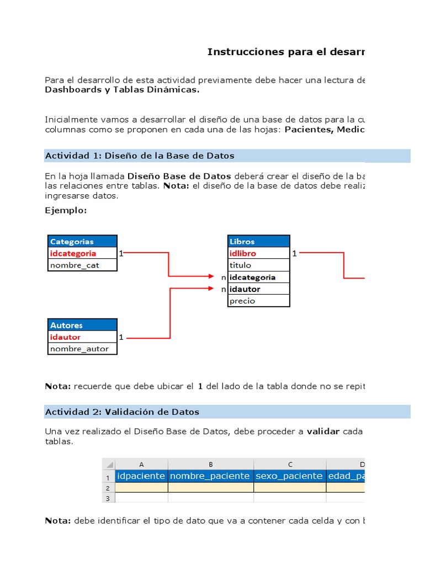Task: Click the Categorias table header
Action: click(82, 241)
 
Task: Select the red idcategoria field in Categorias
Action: click(82, 253)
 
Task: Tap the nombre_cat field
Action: click(82, 265)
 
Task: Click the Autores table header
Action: click(82, 325)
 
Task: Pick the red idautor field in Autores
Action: click(82, 337)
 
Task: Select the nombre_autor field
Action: click(82, 349)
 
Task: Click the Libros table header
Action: click(258, 241)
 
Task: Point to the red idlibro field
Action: click(258, 253)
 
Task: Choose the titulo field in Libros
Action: click(258, 265)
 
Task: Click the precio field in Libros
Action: click(258, 301)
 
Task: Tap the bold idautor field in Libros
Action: click(258, 289)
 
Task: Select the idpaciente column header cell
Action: click(141, 476)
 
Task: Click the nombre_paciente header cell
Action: click(210, 476)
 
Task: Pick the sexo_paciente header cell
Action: click(290, 476)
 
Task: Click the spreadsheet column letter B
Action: click(210, 464)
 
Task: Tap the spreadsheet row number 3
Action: click(108, 498)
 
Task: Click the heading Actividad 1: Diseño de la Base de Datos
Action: click(140, 156)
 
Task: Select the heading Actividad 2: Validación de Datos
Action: click(122, 412)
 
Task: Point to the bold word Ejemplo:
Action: click(66, 210)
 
